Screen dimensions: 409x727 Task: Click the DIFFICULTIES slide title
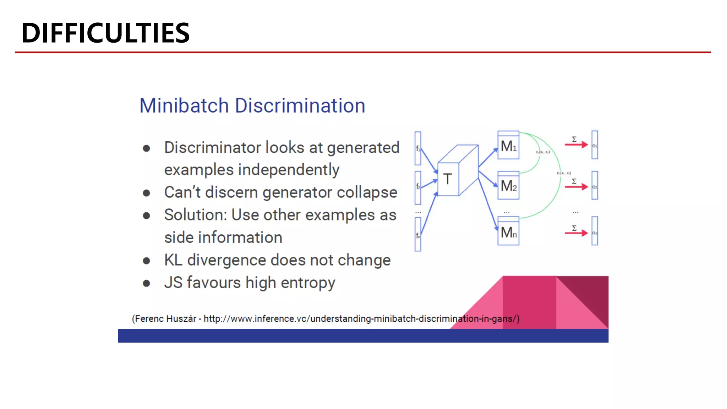(105, 33)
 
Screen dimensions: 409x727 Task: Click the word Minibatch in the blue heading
(184, 106)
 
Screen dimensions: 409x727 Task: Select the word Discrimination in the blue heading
(300, 106)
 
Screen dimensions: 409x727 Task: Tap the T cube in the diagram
(448, 179)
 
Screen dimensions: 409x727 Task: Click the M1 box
(508, 146)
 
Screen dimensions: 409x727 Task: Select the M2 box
(508, 186)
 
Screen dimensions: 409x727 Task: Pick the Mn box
(508, 232)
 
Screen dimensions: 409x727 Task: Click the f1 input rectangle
(418, 148)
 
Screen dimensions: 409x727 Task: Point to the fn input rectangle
(418, 234)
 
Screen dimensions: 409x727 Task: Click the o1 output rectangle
(595, 145)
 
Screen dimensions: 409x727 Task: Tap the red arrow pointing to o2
(576, 187)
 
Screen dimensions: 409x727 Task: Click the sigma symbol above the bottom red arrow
(574, 228)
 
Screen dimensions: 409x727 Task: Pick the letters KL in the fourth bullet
(173, 260)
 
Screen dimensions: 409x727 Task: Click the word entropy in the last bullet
(308, 283)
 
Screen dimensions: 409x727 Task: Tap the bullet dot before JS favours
(146, 283)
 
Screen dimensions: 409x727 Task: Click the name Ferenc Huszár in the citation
(165, 319)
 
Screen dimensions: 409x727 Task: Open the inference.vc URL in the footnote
(360, 319)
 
